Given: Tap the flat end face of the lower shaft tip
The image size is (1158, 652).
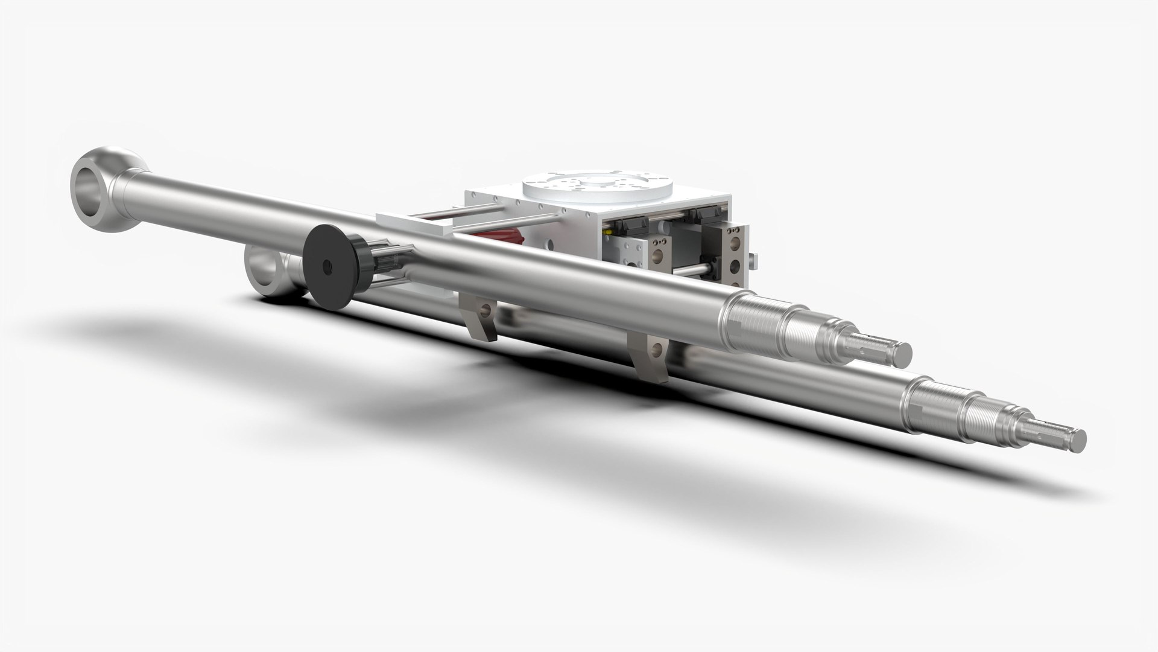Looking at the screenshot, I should pos(1075,438).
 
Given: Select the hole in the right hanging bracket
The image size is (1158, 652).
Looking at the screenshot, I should pos(654,349).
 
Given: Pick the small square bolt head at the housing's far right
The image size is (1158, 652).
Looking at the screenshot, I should pos(750,260).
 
